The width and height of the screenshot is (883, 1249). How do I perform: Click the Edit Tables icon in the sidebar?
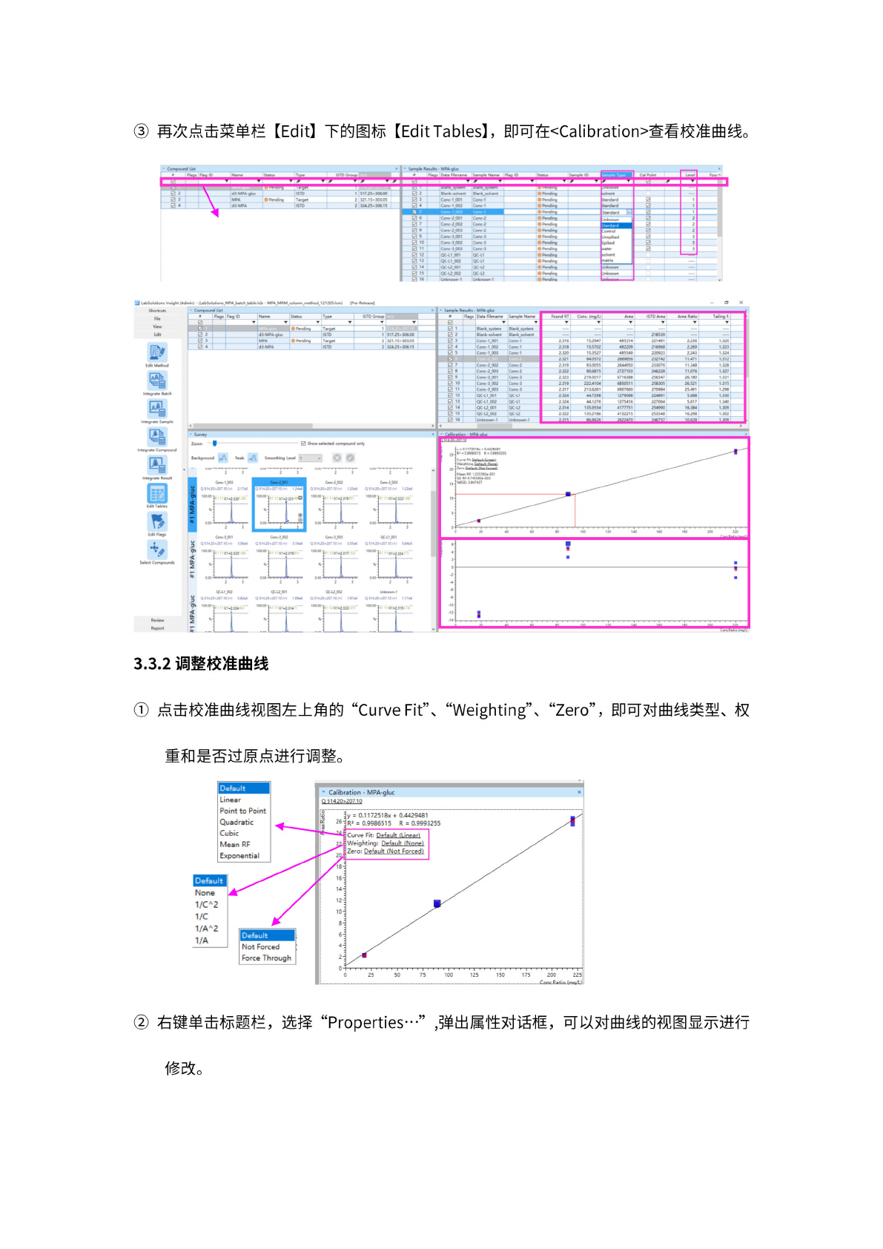[x=157, y=494]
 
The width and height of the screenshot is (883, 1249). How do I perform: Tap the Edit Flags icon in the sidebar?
[x=157, y=522]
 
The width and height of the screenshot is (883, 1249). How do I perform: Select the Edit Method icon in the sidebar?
[x=157, y=353]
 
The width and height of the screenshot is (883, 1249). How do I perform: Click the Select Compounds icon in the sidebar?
[x=156, y=550]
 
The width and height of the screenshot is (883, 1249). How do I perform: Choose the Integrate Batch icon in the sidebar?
[x=157, y=381]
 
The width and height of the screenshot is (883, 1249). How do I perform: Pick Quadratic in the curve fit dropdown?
[x=237, y=822]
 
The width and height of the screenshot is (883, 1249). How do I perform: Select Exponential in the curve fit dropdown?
[x=239, y=855]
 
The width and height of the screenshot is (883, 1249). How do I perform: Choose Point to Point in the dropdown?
[x=242, y=811]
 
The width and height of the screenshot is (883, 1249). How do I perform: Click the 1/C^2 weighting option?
[x=207, y=904]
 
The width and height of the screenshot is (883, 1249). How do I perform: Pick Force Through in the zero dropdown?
[x=266, y=958]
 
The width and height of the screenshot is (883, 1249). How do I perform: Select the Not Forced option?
[x=260, y=946]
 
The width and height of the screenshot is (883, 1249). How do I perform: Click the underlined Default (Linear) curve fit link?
[x=398, y=835]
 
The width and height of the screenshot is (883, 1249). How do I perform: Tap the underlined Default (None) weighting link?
[x=403, y=843]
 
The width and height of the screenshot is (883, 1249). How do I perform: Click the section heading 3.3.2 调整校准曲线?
[x=201, y=664]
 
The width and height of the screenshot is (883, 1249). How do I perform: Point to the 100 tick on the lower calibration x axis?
[x=449, y=975]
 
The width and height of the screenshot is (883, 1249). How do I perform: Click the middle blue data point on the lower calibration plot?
[x=437, y=903]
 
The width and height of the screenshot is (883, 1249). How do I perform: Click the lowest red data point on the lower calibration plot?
[x=364, y=955]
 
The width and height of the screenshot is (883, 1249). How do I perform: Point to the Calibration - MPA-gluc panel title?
[x=362, y=792]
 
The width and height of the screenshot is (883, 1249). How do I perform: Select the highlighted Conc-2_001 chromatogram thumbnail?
[x=280, y=504]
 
